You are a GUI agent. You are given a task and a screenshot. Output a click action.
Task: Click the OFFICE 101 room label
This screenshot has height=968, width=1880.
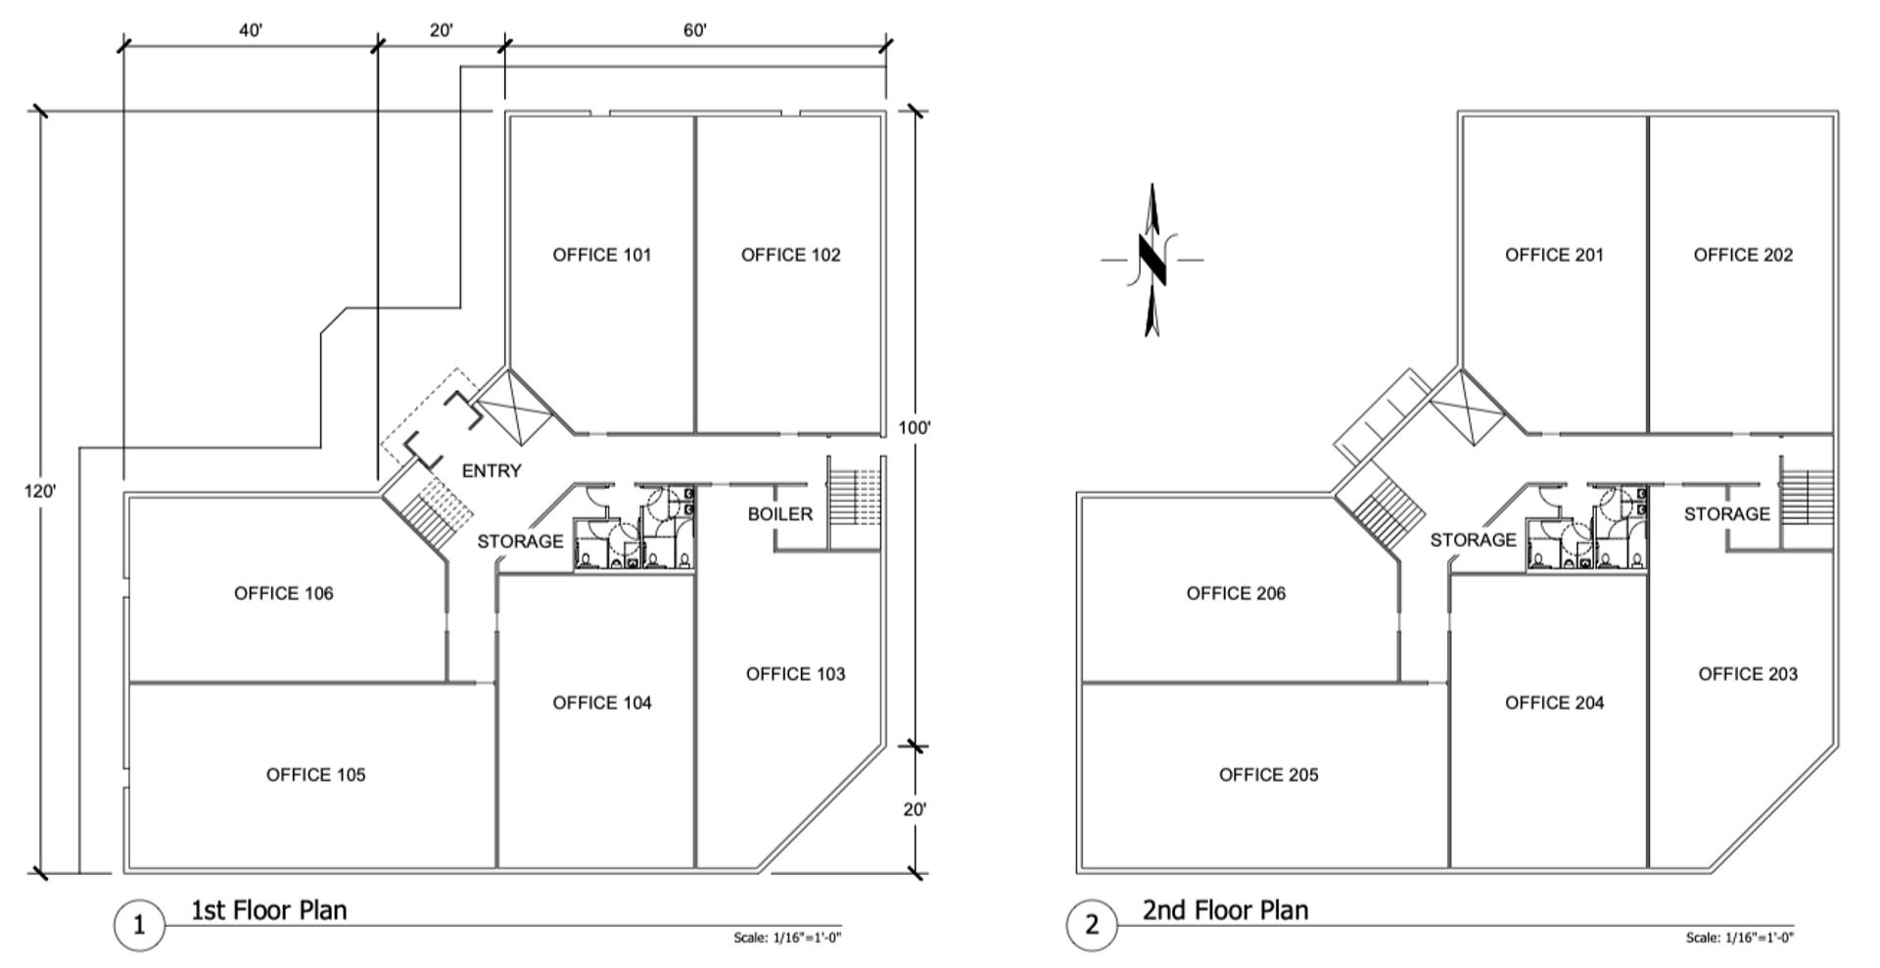tap(601, 255)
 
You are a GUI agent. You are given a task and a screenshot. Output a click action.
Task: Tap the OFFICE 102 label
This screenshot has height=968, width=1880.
tap(790, 255)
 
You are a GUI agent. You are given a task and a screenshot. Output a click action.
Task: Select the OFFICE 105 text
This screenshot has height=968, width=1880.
tap(315, 775)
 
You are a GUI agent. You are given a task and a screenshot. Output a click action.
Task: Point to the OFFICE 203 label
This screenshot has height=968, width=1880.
tap(1748, 674)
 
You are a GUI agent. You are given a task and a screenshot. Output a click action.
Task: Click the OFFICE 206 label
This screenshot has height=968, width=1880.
tap(1236, 594)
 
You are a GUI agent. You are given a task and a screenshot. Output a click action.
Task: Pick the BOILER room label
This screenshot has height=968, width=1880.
tap(779, 514)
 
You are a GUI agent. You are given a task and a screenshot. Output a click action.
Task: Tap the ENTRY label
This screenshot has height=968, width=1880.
tap(492, 471)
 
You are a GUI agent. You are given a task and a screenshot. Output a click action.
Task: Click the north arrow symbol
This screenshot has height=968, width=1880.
tap(1152, 260)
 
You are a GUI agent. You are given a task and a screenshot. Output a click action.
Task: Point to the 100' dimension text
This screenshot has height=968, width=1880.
tap(915, 428)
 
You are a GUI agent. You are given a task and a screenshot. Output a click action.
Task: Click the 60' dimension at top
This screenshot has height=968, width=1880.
tap(694, 31)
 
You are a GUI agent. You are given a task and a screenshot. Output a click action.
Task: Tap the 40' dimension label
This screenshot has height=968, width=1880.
tap(251, 31)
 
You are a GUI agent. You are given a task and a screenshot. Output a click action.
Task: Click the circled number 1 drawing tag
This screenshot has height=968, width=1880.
tap(138, 925)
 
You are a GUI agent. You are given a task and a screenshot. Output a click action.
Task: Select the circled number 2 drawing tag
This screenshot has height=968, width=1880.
tap(1091, 925)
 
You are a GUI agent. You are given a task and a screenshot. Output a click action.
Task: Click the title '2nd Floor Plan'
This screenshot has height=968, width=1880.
tap(1225, 910)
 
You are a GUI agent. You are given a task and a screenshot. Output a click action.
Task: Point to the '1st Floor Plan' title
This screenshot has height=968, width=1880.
tap(268, 910)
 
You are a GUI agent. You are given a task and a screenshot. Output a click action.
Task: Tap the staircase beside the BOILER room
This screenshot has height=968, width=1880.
tap(856, 503)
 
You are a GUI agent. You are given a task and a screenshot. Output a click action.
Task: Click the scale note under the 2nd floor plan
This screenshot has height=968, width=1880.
tap(1740, 938)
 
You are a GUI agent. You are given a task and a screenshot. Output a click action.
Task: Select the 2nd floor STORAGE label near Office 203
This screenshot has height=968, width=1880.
tap(1727, 514)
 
